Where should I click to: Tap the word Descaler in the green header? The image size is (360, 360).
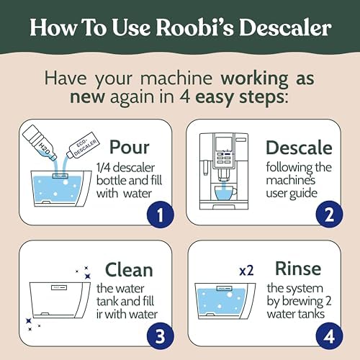point(285,27)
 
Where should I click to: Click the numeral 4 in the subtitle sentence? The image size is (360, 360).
point(185,97)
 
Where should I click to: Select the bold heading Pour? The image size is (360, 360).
point(130,147)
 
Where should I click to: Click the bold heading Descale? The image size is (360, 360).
point(299,148)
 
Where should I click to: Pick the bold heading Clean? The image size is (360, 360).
point(129,270)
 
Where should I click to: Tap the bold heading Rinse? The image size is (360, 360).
point(298,269)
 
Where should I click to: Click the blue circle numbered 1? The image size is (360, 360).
point(161,215)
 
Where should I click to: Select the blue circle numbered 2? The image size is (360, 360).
point(329,215)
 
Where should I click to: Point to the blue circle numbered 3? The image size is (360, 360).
point(160,336)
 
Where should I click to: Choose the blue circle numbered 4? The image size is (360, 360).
point(329,336)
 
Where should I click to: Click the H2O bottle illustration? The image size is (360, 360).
point(40,143)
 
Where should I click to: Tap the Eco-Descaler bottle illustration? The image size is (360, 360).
point(83,145)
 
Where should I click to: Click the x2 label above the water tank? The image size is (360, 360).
point(246,271)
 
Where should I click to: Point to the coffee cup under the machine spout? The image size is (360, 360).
point(225,193)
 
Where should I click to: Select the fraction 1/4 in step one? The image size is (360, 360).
point(103,168)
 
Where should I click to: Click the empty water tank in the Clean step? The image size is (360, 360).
point(60,300)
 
